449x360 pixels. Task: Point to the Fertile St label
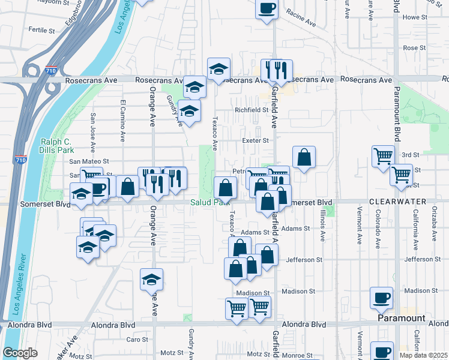pyautogui.click(x=41, y=29)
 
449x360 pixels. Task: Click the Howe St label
pyautogui.click(x=415, y=17)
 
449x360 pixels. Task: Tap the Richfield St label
pyautogui.click(x=251, y=110)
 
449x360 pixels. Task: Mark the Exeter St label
pyautogui.click(x=255, y=140)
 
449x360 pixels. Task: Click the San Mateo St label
pyautogui.click(x=88, y=161)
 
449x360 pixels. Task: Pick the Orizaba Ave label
pyautogui.click(x=435, y=224)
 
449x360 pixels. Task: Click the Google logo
pyautogui.click(x=20, y=353)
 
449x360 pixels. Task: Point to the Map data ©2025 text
pyautogui.click(x=423, y=355)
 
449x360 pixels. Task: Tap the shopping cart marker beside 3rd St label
pyautogui.click(x=383, y=156)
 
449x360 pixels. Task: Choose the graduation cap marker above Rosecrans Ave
pyautogui.click(x=218, y=69)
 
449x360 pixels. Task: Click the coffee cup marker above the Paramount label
pyautogui.click(x=382, y=297)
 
